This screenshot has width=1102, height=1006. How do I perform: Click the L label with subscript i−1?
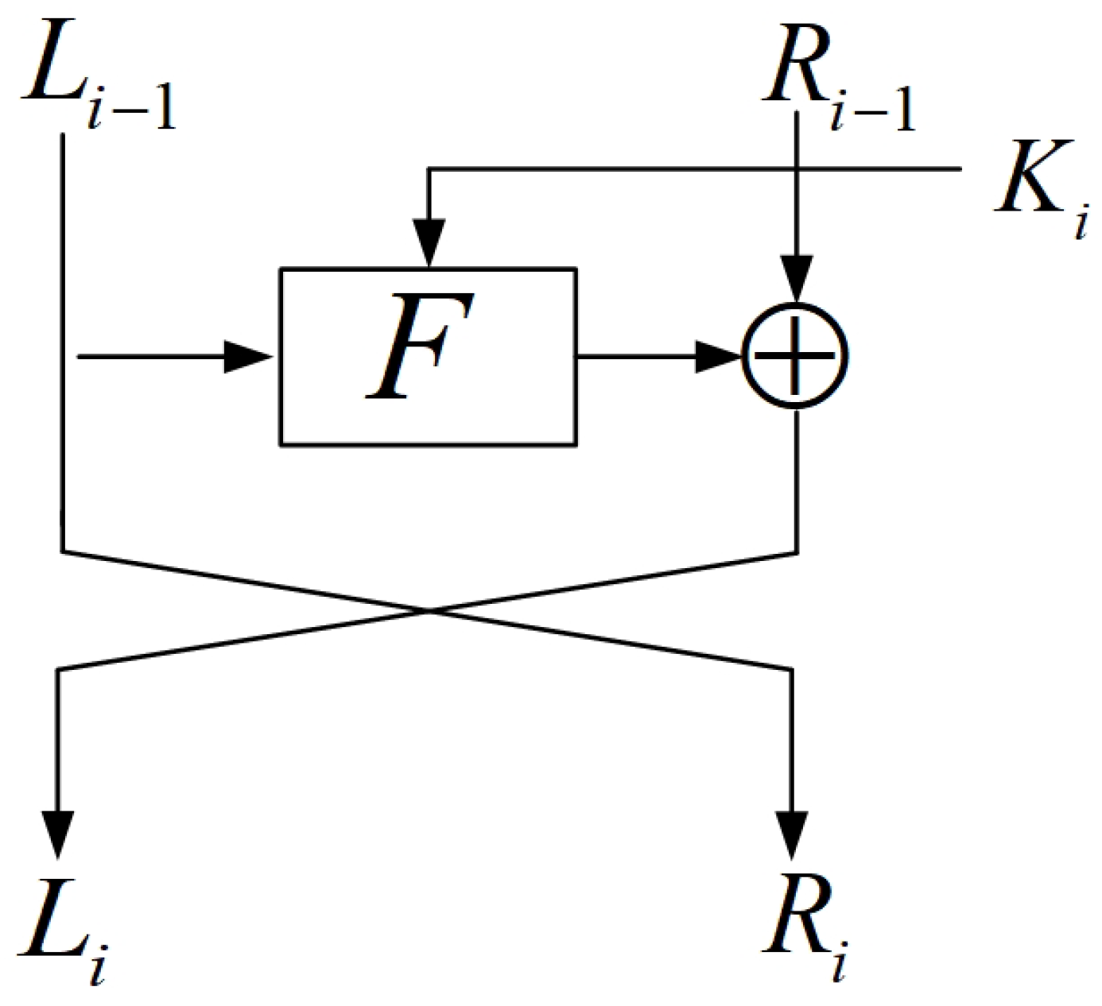[95, 75]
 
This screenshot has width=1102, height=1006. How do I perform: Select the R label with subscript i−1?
[835, 75]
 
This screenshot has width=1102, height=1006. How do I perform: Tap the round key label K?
[1034, 187]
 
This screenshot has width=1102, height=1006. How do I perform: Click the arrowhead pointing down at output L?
[59, 834]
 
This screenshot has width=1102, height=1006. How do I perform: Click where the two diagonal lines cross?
[429, 610]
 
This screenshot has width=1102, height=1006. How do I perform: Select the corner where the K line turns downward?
[429, 168]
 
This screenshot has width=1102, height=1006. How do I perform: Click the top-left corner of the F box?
[280, 269]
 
